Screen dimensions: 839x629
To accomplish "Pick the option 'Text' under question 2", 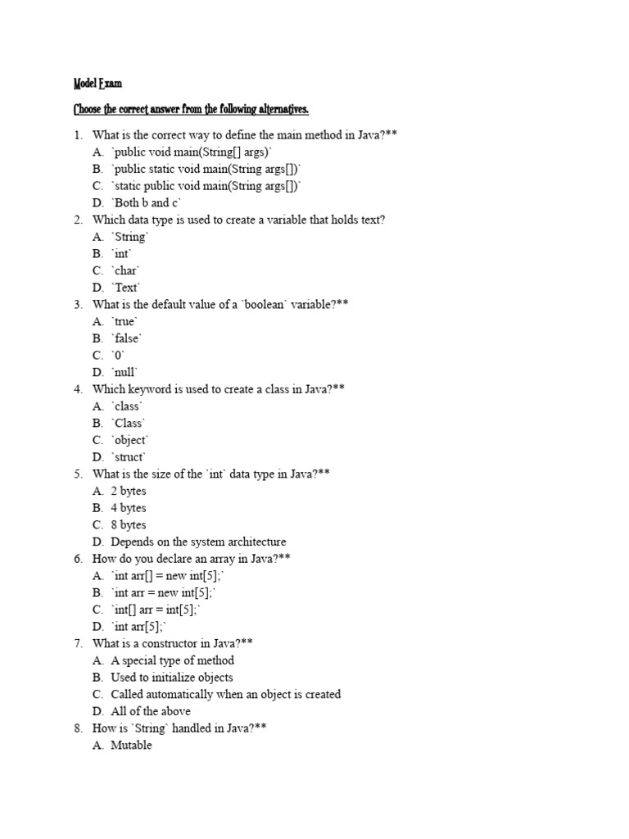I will pos(127,288).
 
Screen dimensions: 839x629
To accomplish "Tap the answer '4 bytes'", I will pos(129,508).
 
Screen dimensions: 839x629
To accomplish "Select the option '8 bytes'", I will pos(129,525).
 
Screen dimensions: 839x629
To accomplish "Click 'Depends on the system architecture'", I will pos(198,542).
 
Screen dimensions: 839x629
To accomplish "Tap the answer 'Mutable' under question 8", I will pos(131,746).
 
